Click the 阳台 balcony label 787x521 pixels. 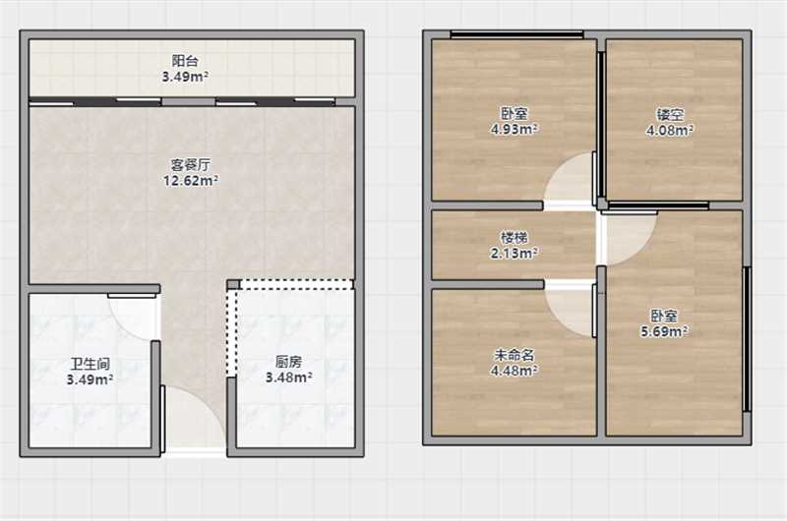[x=185, y=61]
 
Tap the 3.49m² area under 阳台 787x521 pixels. [x=185, y=77]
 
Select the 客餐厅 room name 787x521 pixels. [x=191, y=164]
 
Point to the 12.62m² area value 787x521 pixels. [x=191, y=181]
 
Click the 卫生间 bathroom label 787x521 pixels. [x=90, y=364]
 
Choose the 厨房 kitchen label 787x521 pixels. [x=288, y=361]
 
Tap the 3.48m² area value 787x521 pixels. [x=288, y=377]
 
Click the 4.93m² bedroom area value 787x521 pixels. [x=514, y=130]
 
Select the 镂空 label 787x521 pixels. [x=670, y=114]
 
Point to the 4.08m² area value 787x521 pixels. [x=670, y=131]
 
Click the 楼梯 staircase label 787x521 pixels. [x=514, y=237]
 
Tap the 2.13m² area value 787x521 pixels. [x=514, y=254]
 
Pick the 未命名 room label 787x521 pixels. [x=514, y=355]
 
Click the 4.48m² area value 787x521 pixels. [x=514, y=371]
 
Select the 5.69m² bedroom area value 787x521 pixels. [x=664, y=331]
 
